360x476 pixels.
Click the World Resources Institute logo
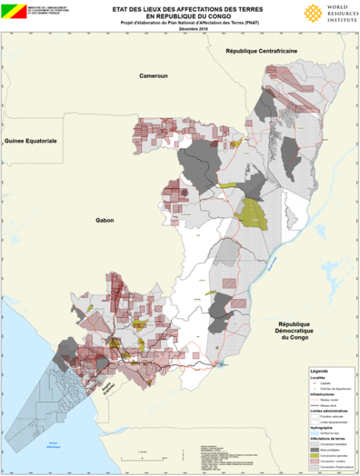(327, 13)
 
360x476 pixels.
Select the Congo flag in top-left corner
(13, 13)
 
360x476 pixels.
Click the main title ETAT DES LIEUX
(179, 10)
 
